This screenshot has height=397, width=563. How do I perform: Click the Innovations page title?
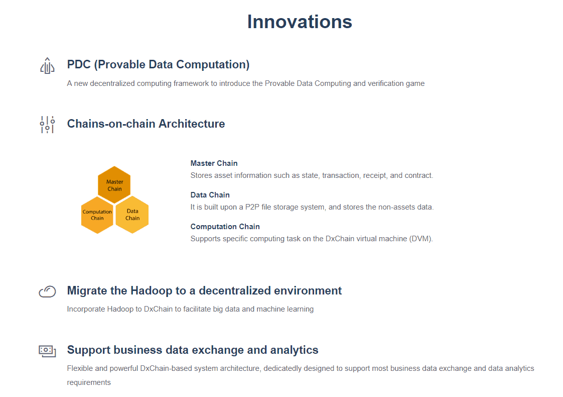point(300,22)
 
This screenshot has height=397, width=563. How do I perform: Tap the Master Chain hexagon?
point(114,185)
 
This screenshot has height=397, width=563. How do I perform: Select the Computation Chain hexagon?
point(97,215)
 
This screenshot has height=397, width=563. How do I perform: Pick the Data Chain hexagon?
point(132,215)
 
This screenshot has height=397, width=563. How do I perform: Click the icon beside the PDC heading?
point(47,65)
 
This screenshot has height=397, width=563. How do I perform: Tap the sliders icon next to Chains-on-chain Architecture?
point(47,125)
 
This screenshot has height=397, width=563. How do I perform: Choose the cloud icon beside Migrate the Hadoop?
point(47,291)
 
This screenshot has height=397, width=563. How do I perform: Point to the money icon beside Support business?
point(47,351)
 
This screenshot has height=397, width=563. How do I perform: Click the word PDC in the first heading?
point(79,64)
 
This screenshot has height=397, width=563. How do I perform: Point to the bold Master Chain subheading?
point(214,163)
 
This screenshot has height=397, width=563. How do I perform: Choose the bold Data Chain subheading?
point(210,195)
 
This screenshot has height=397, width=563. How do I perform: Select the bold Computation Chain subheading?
point(225,227)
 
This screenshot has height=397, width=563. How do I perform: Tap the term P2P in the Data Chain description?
point(252,207)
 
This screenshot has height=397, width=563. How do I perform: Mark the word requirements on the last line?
point(89,382)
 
